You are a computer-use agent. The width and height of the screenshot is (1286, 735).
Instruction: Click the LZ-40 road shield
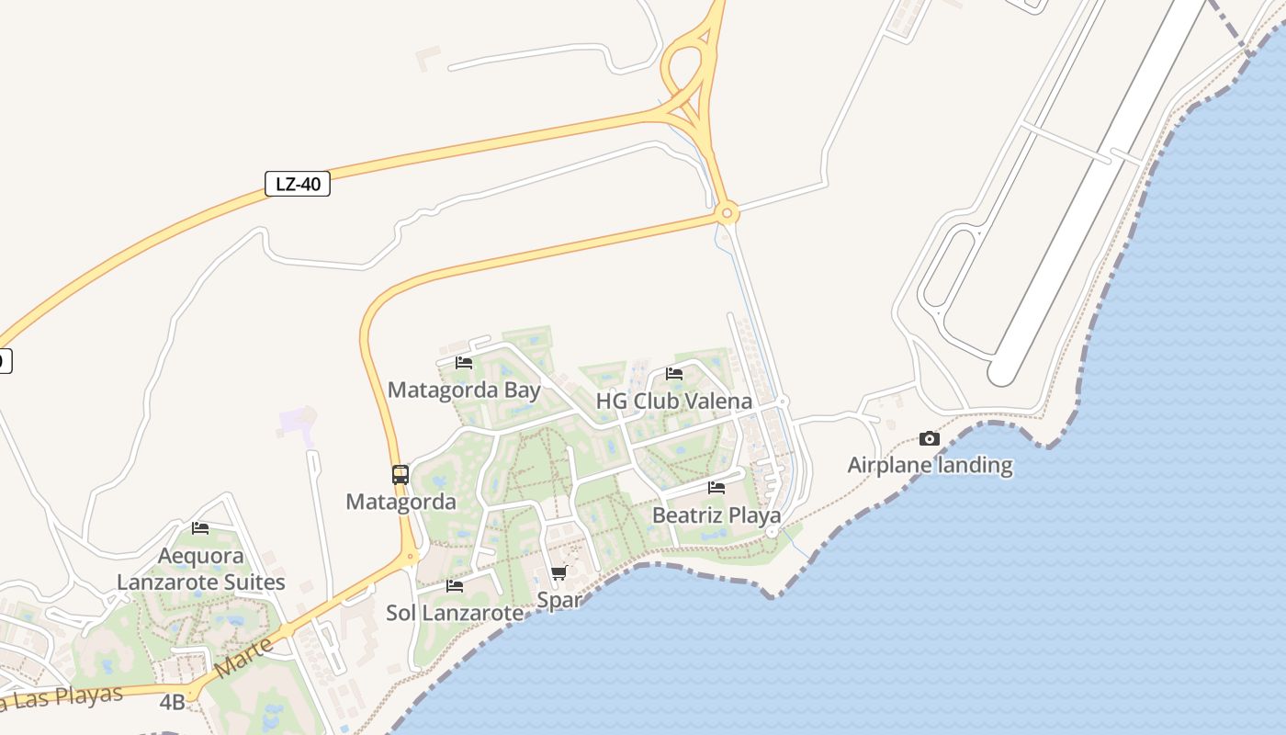[x=298, y=184]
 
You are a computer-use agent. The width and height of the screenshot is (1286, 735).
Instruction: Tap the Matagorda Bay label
[x=464, y=390]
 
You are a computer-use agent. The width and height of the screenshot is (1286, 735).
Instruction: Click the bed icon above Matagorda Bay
[x=464, y=363]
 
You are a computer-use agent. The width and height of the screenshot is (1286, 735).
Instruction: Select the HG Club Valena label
[x=674, y=401]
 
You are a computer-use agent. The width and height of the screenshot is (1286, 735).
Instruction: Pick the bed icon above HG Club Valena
[x=674, y=374]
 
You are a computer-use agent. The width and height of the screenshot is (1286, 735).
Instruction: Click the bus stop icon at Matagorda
[x=400, y=475]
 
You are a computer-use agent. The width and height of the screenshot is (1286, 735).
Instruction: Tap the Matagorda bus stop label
[x=400, y=502]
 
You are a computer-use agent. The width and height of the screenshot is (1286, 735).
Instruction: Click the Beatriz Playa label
[x=716, y=514]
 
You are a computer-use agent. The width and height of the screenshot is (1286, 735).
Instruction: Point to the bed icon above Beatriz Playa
[x=716, y=488]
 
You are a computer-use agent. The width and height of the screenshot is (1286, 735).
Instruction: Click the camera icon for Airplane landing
[x=930, y=439]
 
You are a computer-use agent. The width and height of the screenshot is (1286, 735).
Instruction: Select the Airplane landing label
[x=930, y=465]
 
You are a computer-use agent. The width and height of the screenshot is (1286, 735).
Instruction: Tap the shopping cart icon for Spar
[x=558, y=574]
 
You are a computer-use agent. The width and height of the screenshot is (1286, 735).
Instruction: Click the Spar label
[x=558, y=600]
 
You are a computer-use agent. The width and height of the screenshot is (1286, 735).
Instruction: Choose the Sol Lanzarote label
[x=455, y=613]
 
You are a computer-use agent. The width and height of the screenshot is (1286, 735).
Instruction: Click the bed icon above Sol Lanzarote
[x=455, y=586]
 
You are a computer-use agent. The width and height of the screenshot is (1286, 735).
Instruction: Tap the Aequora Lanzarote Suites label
[x=200, y=569]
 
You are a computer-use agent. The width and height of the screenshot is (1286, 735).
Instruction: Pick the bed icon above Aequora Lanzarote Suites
[x=200, y=528]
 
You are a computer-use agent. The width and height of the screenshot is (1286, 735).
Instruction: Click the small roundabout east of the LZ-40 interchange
[x=727, y=214]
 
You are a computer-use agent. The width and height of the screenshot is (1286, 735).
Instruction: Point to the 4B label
[x=172, y=703]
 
